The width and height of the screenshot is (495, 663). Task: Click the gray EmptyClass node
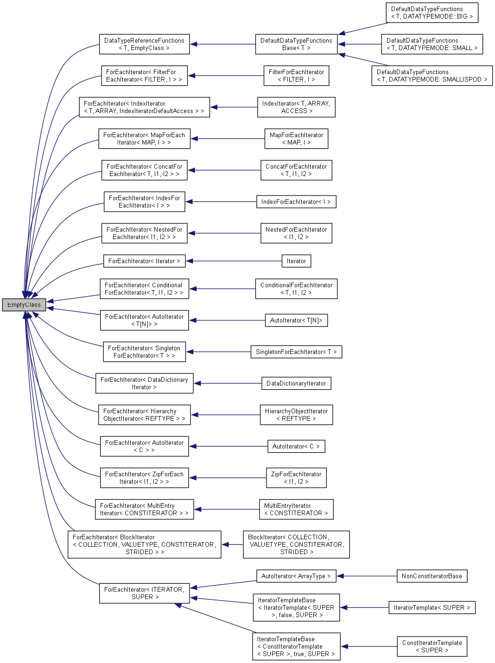(24, 305)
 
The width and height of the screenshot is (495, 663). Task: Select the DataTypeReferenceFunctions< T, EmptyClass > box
(144, 44)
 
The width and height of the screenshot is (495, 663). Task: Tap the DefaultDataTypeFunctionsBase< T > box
(296, 44)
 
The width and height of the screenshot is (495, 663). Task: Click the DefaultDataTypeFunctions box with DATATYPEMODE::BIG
(432, 13)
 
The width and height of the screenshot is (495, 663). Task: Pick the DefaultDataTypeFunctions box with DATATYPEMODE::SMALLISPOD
(432, 76)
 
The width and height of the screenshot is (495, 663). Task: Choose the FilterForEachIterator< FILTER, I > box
(296, 76)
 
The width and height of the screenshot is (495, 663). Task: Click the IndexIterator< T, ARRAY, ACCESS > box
(296, 107)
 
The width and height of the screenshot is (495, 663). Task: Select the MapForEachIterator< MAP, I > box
(296, 139)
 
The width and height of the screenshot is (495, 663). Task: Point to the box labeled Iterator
(296, 261)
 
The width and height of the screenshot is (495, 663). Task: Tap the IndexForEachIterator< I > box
(296, 202)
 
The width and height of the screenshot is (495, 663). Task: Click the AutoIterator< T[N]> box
(296, 321)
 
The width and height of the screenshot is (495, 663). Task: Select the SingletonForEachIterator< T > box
(296, 352)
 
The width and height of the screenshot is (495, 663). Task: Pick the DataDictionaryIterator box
(296, 384)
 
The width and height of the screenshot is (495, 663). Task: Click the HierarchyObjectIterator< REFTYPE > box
(296, 415)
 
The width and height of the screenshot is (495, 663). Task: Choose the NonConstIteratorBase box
(432, 576)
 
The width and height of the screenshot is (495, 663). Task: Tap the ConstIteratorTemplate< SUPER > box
(432, 647)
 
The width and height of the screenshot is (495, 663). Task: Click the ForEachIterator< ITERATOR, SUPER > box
(145, 593)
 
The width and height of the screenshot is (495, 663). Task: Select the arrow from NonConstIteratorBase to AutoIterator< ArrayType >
(366, 576)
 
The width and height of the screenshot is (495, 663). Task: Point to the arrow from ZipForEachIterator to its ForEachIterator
(227, 478)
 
